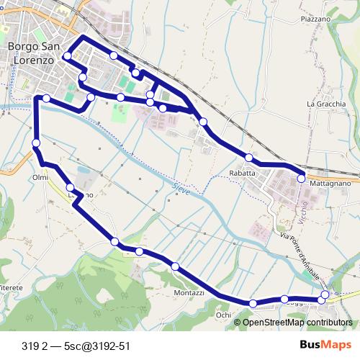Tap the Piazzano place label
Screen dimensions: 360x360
coord(315,19)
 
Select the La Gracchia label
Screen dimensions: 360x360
coord(326,104)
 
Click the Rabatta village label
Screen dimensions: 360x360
coord(243,174)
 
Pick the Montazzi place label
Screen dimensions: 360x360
coord(189,294)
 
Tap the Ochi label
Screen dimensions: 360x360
coord(223,315)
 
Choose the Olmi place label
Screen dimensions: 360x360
coord(40,177)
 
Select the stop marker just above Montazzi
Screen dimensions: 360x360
coord(175,267)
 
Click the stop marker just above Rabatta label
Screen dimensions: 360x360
coord(248,158)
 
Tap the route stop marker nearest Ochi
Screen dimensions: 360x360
coord(253,304)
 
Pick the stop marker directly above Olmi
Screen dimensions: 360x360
coord(35,145)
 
